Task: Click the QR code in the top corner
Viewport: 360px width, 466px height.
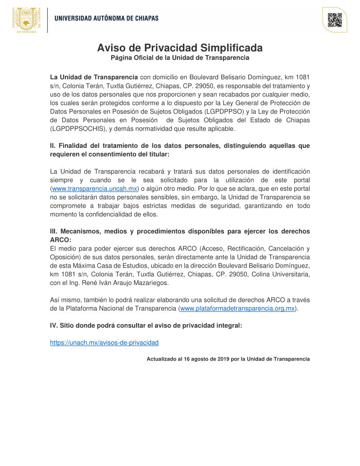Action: pyautogui.click(x=334, y=20)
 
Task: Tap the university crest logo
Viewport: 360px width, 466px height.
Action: pyautogui.click(x=27, y=20)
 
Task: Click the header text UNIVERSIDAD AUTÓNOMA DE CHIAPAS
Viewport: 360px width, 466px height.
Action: pyautogui.click(x=106, y=18)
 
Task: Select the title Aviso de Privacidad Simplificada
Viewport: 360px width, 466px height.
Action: pyautogui.click(x=180, y=48)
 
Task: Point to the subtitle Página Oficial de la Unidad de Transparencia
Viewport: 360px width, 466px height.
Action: pyautogui.click(x=180, y=58)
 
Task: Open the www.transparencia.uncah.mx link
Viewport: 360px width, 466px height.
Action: pyautogui.click(x=95, y=188)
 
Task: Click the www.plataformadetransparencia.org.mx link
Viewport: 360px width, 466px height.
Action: pyautogui.click(x=237, y=309)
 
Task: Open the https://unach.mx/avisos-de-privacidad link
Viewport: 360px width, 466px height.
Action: pyautogui.click(x=104, y=343)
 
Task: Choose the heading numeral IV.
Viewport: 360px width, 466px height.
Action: pyautogui.click(x=54, y=326)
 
